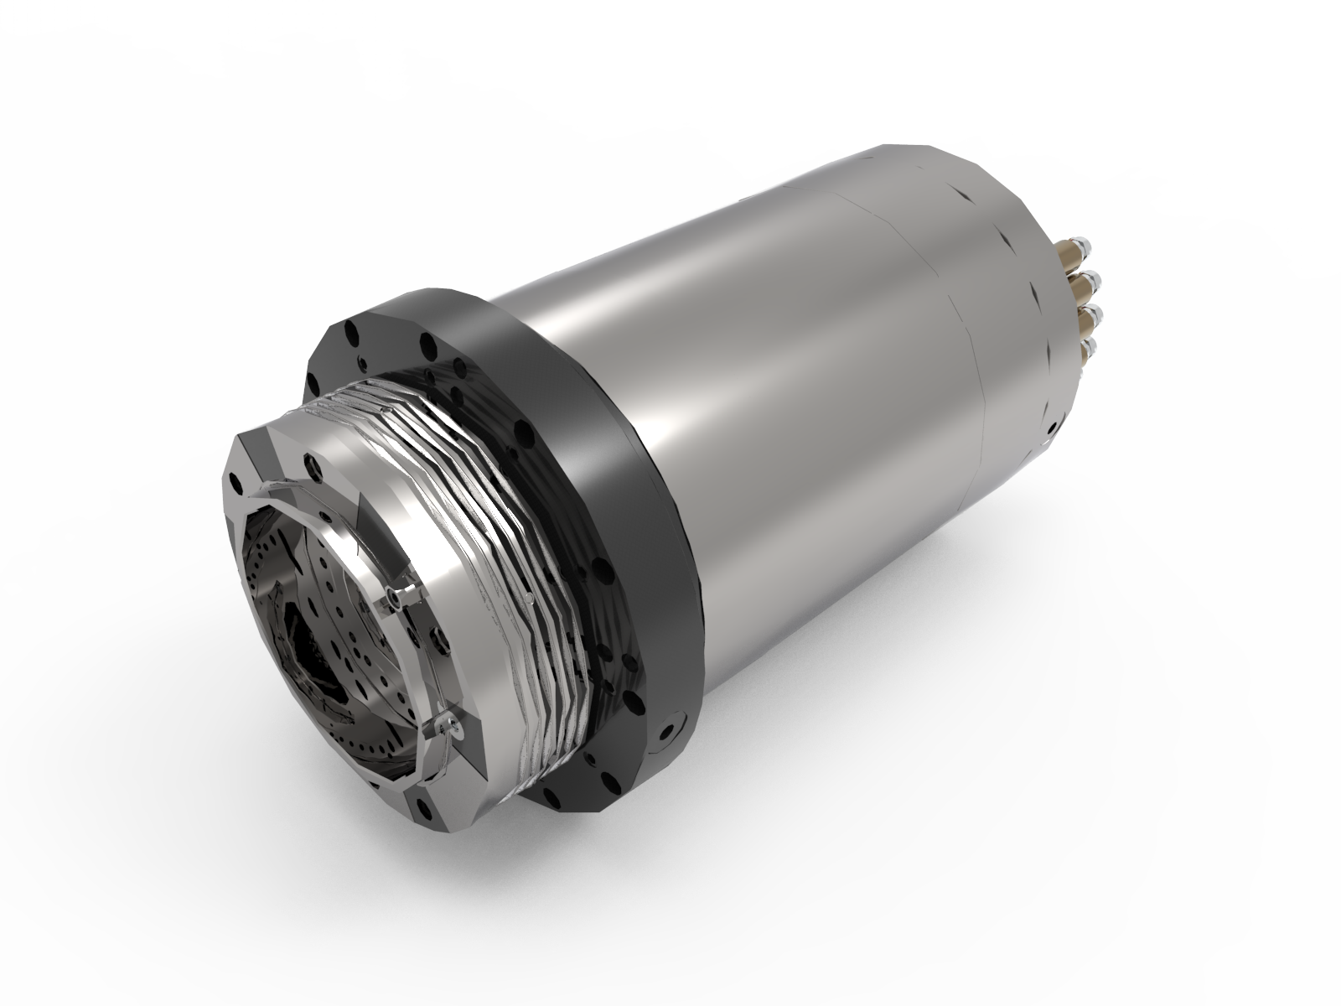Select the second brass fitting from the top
coord(1084,287)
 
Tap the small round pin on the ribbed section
coord(531,597)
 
